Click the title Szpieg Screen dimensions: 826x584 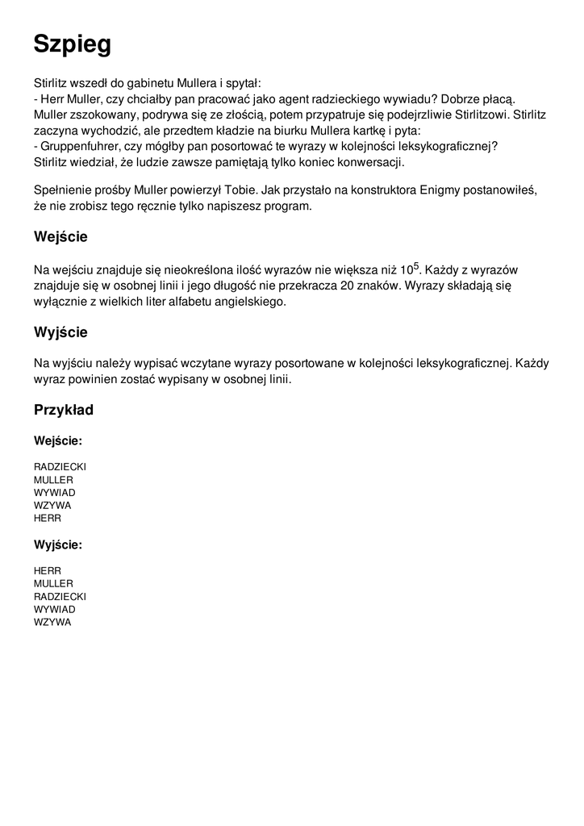[73, 45]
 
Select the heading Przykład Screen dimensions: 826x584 [64, 410]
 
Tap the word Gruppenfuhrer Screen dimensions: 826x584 [79, 146]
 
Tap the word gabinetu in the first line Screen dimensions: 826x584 [145, 82]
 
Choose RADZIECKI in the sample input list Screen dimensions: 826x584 [60, 467]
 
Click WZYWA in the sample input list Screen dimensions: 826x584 [52, 506]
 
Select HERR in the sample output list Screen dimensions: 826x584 [48, 570]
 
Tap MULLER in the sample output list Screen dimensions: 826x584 [53, 583]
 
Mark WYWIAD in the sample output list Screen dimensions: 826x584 [54, 609]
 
